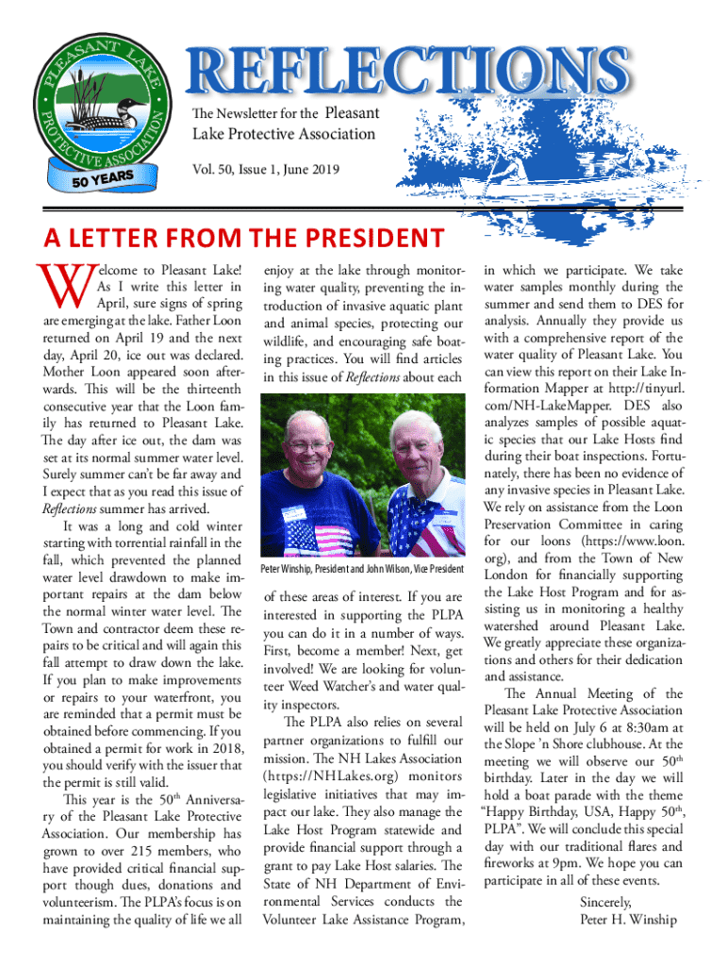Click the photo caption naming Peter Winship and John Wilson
click(x=362, y=570)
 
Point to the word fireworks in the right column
click(x=515, y=862)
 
